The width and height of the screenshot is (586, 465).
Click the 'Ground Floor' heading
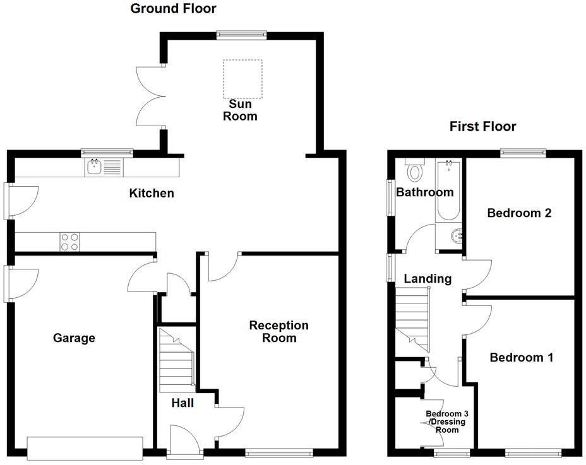pos(173,9)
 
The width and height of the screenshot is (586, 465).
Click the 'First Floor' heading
pos(482,127)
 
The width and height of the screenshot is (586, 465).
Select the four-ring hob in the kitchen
pos(70,242)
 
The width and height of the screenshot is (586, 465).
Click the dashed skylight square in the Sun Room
pos(242,79)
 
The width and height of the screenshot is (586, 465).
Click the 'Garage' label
pos(74,338)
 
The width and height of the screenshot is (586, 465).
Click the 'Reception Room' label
pos(278,332)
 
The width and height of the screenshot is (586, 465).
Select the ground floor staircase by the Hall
pos(176,360)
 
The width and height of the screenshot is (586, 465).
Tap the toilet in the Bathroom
pos(416,170)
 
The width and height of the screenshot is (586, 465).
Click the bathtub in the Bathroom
pos(448,190)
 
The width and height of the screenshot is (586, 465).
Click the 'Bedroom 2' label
pos(519,213)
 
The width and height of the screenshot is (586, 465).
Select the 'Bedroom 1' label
pos(522,358)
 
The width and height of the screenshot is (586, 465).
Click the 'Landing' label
pos(428,279)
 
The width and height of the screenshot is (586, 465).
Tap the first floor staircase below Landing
pos(413,319)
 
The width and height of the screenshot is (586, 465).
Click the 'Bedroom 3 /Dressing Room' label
pos(441,421)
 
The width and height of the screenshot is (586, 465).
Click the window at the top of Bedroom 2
pos(523,152)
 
